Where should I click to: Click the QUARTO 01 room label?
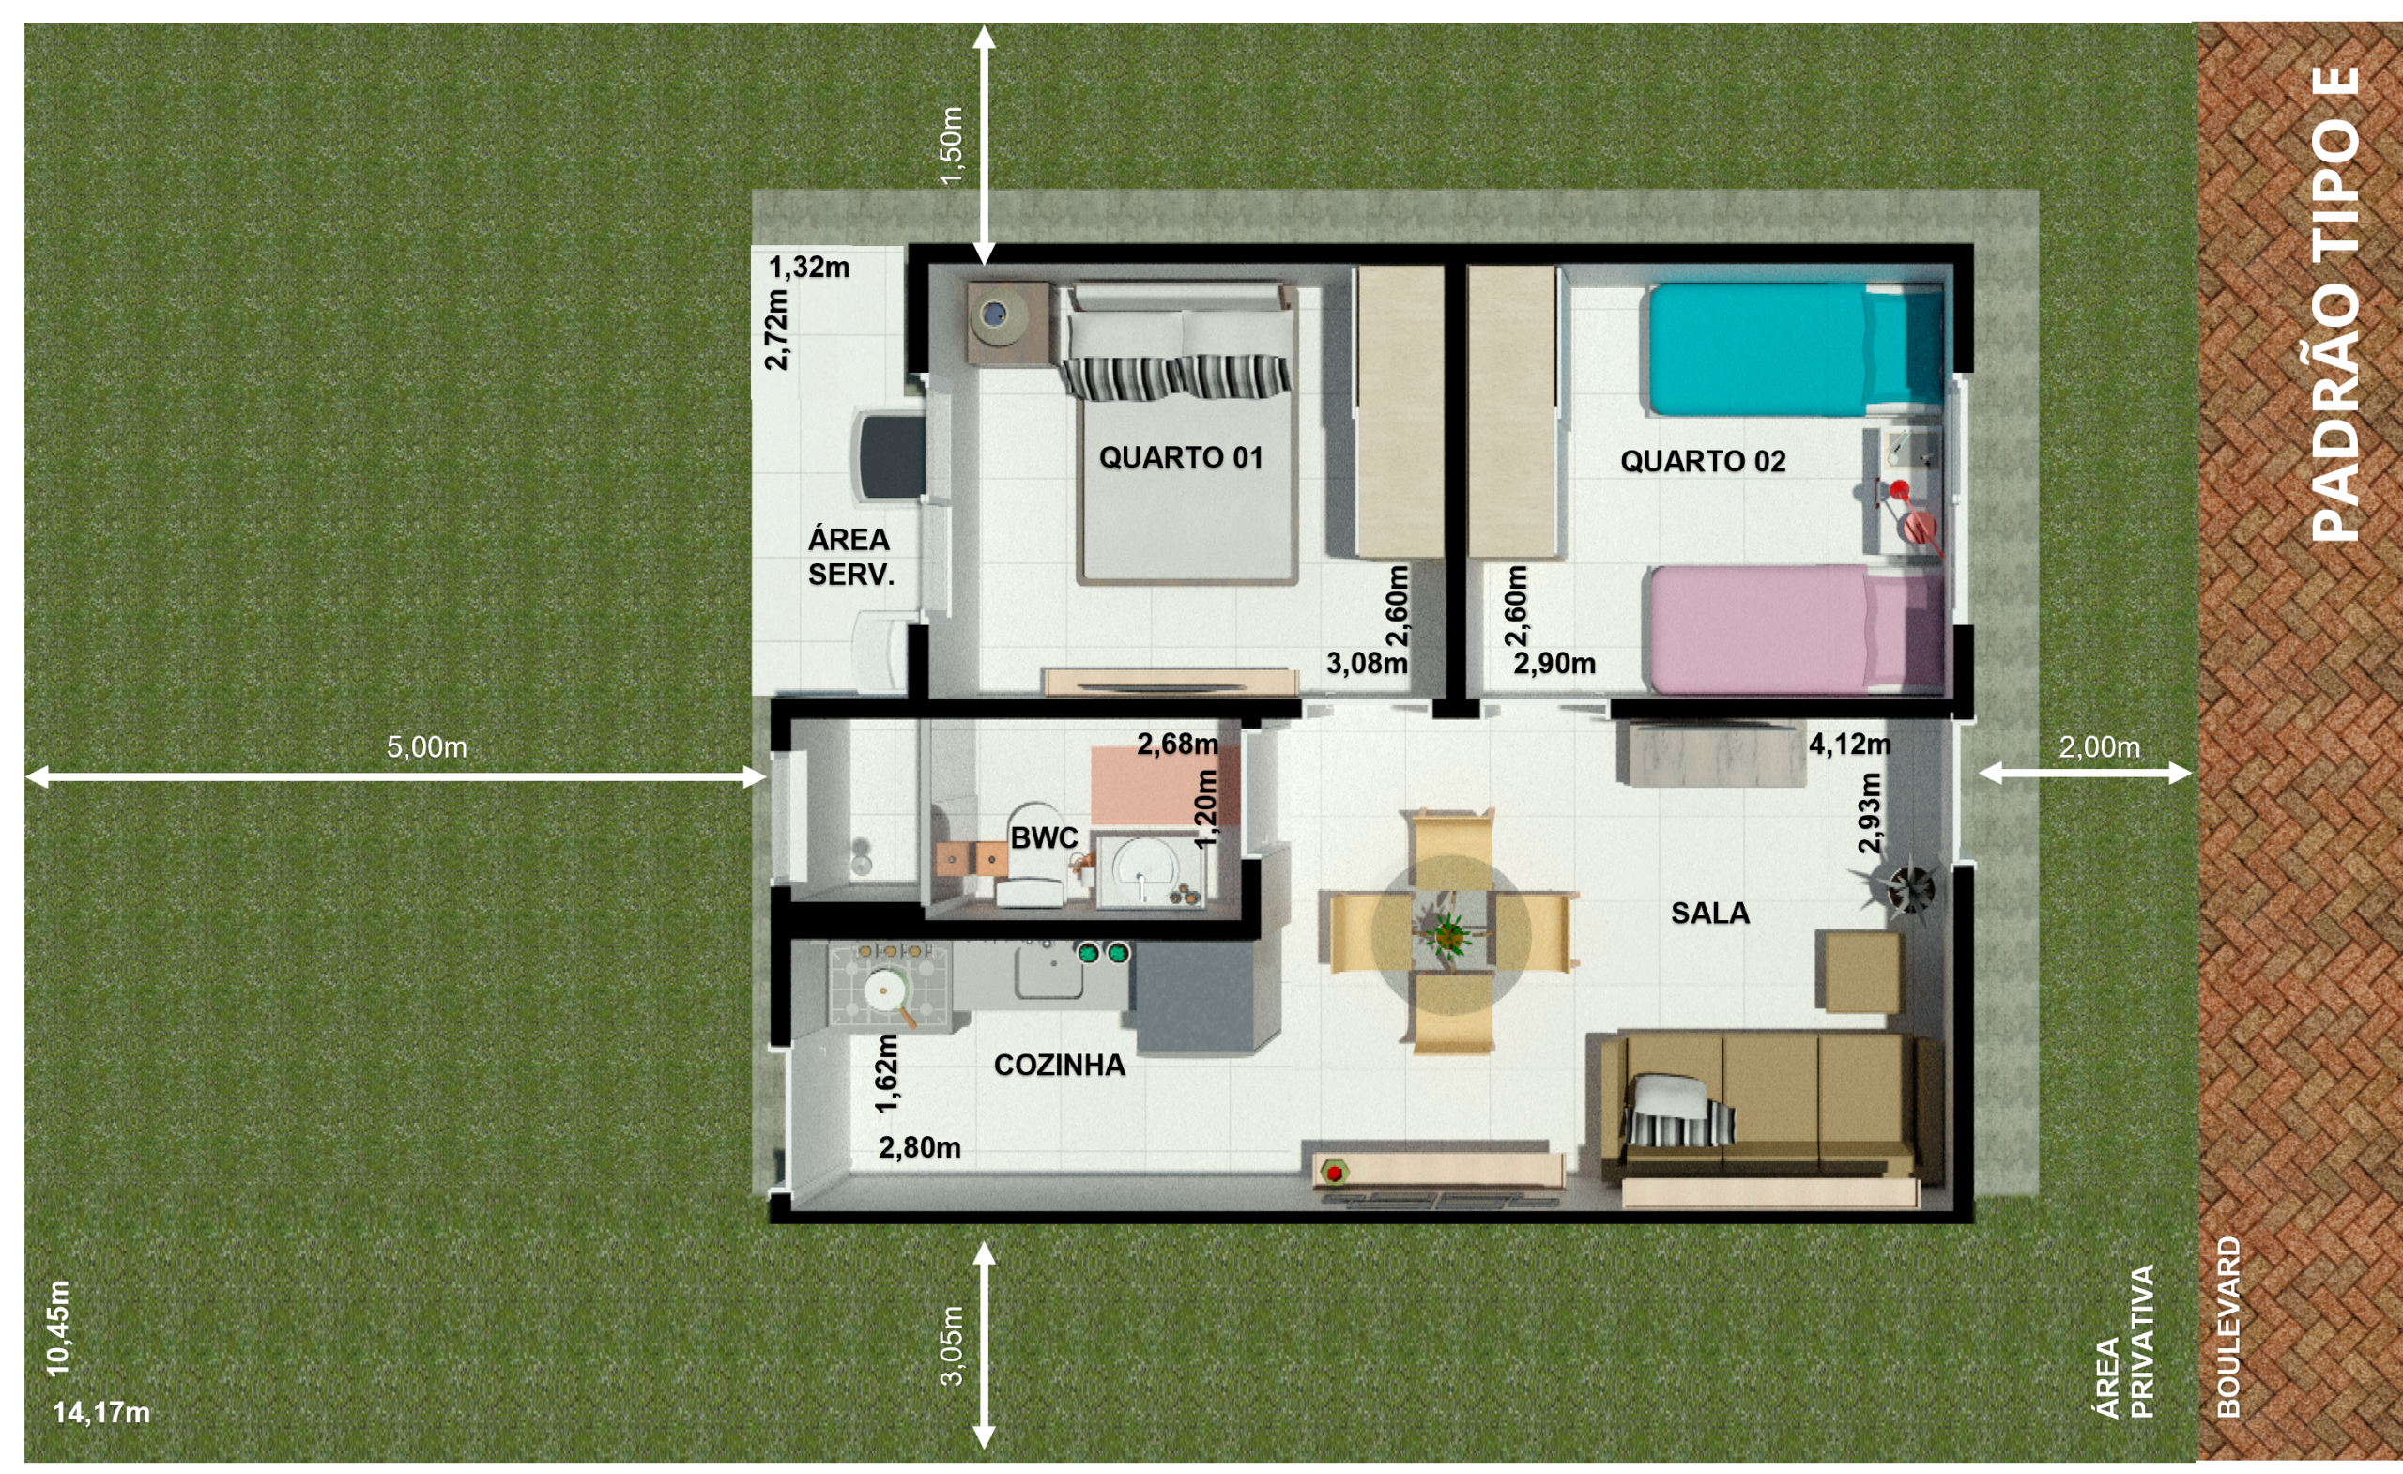click(1180, 457)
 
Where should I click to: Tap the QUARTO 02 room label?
click(1703, 461)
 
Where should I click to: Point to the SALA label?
click(1709, 914)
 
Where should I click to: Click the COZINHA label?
click(1059, 1066)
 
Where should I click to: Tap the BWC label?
click(1044, 838)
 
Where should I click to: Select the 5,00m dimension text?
click(426, 747)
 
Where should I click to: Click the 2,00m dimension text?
click(2099, 747)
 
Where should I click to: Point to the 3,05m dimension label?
click(952, 1345)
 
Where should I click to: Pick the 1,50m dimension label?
click(952, 145)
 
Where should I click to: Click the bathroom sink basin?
click(1143, 870)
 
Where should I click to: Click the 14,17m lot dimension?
click(101, 1413)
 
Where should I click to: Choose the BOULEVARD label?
click(2227, 1327)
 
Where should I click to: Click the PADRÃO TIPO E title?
click(2335, 303)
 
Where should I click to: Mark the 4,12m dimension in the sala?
click(1849, 745)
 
